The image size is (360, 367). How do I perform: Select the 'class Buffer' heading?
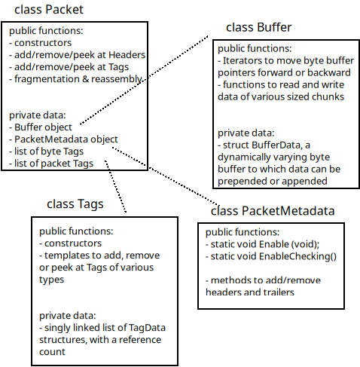point(258,28)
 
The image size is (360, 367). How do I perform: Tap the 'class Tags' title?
point(75,203)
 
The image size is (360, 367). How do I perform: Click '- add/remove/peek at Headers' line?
point(77,55)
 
